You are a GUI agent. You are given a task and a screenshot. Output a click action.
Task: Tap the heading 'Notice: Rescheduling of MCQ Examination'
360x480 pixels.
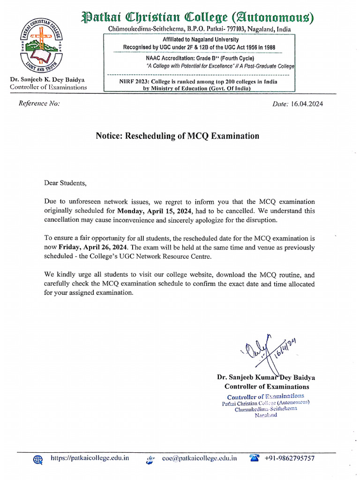177,136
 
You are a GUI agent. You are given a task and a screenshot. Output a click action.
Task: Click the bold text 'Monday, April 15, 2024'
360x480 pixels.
155,211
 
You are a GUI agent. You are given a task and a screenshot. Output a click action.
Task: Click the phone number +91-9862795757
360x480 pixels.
289,458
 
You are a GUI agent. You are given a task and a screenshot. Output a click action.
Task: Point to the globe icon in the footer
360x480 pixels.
38,459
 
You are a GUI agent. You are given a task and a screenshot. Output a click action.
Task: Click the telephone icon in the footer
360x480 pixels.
255,458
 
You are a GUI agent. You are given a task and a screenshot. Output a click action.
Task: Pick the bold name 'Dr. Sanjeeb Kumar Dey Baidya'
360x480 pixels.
266,377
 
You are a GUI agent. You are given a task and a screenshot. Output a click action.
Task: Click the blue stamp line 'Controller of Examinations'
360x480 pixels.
266,397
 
